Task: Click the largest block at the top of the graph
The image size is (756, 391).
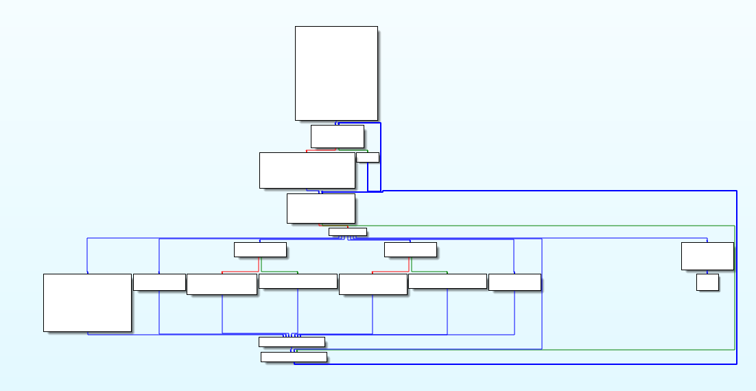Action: tap(336, 73)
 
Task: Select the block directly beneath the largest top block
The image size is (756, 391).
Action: tap(337, 136)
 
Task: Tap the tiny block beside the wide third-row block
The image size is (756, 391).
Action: tap(368, 157)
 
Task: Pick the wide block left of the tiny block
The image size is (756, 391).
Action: tap(307, 170)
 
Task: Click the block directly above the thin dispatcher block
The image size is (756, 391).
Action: tap(320, 208)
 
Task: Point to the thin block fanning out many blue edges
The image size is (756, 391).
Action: tap(347, 232)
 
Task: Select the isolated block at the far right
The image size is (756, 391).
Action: tap(707, 256)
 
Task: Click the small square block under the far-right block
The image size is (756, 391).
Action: tap(707, 282)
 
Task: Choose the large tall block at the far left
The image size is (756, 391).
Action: tap(87, 303)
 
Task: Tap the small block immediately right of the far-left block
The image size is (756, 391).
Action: tap(159, 282)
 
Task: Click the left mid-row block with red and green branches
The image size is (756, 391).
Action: tap(260, 250)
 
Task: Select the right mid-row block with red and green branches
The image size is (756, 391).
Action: tap(410, 250)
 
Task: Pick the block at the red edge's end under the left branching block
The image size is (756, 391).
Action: tap(222, 284)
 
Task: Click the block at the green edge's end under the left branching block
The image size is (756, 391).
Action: tap(298, 281)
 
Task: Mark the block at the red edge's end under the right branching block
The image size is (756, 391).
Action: tap(373, 284)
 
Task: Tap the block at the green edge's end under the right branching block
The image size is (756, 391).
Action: tap(447, 281)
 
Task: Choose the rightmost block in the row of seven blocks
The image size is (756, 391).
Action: tap(515, 282)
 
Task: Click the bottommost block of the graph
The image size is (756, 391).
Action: tap(294, 357)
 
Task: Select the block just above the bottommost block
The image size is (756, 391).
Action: tap(292, 342)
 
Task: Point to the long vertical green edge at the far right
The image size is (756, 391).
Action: tap(735, 288)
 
